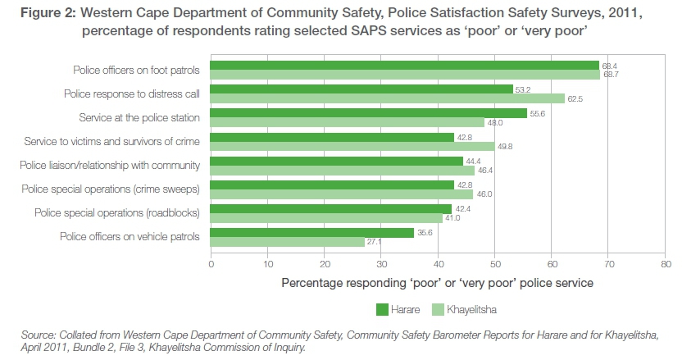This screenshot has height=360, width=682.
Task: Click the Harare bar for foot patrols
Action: point(405,66)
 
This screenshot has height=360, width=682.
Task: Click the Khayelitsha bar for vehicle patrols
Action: point(288,242)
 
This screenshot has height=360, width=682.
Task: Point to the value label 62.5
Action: point(575,99)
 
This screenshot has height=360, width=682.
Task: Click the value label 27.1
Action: point(375,242)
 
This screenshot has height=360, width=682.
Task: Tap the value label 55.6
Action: point(538,113)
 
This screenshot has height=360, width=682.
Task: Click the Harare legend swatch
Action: point(383,309)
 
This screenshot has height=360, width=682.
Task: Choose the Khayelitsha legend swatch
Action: point(438,309)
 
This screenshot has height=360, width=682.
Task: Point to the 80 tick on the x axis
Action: point(666,265)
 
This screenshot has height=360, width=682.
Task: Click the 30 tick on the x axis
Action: point(381,265)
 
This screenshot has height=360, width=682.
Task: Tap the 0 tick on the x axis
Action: point(211,265)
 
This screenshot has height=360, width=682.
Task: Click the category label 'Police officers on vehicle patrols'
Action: point(130,236)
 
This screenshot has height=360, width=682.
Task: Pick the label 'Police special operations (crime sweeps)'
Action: point(116,189)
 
